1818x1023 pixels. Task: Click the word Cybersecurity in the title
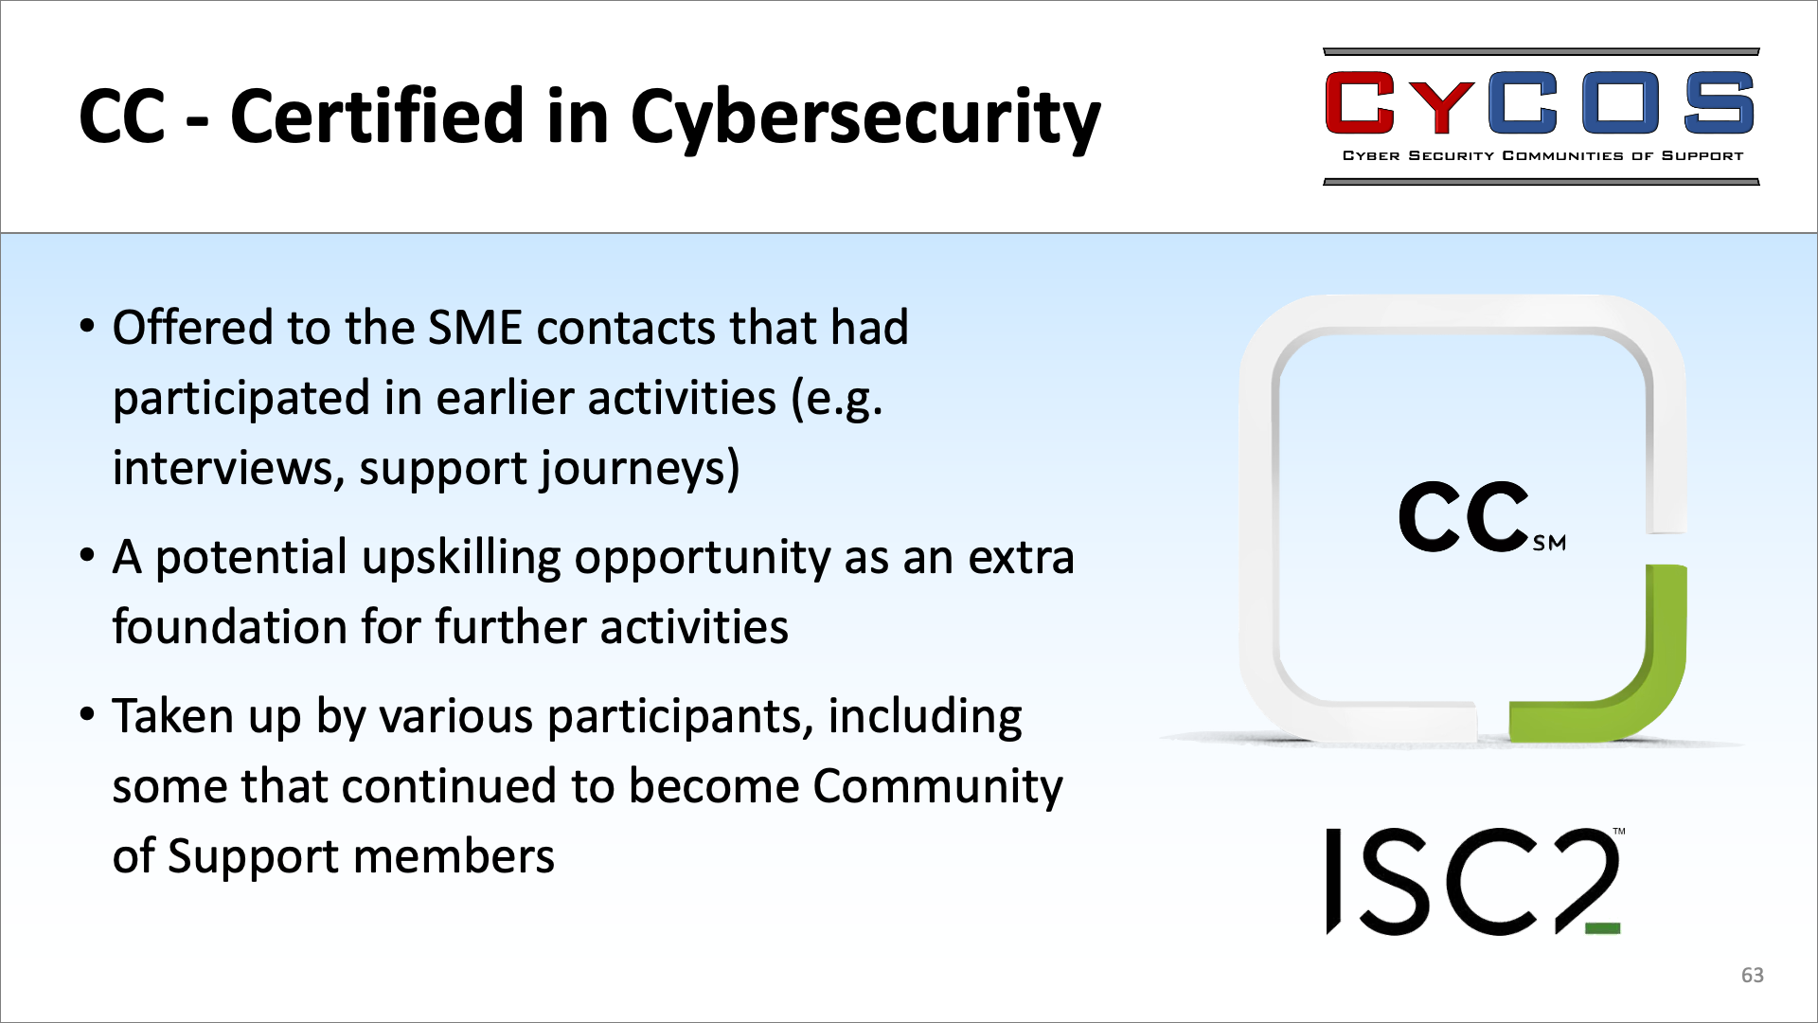point(865,117)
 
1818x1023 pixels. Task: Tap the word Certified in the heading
point(377,115)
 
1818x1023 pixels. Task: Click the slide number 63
point(1753,975)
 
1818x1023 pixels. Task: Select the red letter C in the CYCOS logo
point(1360,102)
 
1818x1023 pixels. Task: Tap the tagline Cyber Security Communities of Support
point(1542,155)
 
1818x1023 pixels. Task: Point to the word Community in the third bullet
point(937,787)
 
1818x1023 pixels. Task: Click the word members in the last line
point(454,856)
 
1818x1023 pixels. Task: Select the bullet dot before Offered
point(88,328)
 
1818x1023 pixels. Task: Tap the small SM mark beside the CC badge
point(1549,544)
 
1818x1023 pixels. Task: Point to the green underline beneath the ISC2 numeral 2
point(1602,928)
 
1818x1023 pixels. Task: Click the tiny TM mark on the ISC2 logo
point(1619,832)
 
